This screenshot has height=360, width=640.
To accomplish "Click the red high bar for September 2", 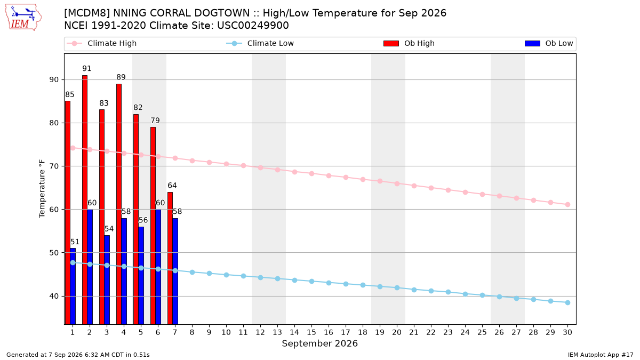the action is [85, 199].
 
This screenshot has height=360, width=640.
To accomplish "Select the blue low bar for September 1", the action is [73, 286].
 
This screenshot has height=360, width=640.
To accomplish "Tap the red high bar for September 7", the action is [170, 258].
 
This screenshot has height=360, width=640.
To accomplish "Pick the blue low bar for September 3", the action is [107, 280].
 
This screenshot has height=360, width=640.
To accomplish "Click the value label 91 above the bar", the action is [87, 69].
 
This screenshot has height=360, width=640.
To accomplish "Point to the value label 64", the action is [172, 186].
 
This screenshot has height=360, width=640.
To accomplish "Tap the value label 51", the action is [75, 242].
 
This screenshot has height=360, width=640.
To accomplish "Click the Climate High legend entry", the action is [101, 43].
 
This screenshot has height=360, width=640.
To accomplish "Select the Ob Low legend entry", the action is [549, 43].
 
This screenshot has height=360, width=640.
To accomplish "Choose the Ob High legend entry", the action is [409, 43].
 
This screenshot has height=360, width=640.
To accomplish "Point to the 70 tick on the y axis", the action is [54, 166].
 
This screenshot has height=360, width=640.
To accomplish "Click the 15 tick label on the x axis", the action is [311, 332].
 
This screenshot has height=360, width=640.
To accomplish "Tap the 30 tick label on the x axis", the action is [567, 332].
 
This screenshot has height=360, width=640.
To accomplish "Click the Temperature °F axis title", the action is [42, 189].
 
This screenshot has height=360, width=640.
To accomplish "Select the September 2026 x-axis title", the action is [319, 343].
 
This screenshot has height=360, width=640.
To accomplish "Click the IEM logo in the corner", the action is [23, 18].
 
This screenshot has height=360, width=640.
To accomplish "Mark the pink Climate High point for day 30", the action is [567, 205].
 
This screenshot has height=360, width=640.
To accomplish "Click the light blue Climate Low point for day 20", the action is [397, 287].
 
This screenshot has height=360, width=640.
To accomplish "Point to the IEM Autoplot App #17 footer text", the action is [601, 355].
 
